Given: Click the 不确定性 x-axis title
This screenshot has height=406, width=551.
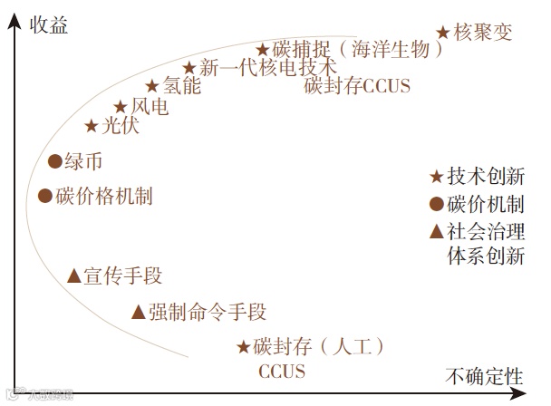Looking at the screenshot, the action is [485, 374].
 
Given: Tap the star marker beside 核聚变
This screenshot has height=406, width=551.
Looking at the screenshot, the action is [442, 33].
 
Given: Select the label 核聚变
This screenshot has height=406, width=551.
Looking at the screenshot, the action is [483, 33].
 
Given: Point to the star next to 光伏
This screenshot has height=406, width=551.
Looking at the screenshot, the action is [91, 127].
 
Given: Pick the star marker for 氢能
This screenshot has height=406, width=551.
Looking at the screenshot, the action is [152, 87].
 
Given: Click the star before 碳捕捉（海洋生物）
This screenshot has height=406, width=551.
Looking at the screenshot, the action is [262, 50].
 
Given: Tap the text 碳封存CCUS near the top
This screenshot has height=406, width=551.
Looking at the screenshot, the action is [357, 87].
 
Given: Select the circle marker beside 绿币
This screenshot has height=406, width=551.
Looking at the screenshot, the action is [54, 162].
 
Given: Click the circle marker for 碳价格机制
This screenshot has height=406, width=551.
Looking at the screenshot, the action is [45, 195].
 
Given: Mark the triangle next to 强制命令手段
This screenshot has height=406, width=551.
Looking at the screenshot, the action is [138, 313].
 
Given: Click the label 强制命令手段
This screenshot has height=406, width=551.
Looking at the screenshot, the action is [207, 313].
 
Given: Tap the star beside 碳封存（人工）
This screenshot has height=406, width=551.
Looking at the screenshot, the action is [243, 346].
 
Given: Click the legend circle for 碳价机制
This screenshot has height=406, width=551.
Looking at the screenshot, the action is [436, 204].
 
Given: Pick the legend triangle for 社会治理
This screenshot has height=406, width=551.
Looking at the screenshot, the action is [436, 230].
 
